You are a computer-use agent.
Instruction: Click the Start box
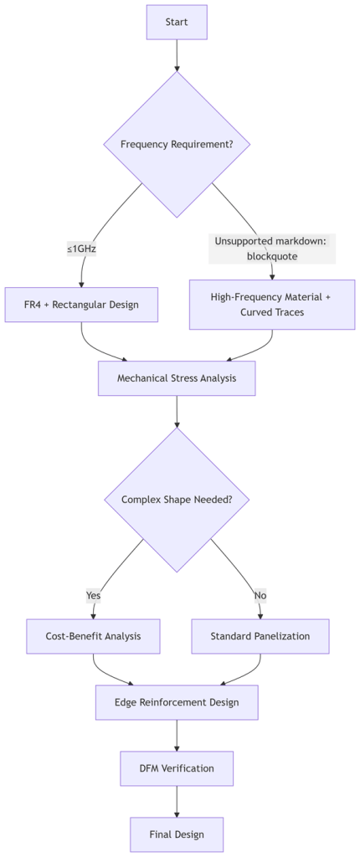[177, 22]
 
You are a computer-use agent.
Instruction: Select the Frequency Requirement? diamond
[177, 145]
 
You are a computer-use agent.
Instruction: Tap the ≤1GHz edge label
[81, 249]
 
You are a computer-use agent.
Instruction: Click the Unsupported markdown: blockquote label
[272, 249]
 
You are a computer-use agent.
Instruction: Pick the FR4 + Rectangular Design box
[81, 305]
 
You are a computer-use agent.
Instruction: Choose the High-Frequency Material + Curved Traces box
[272, 305]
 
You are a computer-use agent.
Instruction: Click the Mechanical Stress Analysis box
[177, 377]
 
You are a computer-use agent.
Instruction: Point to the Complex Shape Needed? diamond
[177, 500]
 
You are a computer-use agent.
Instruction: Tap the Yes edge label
[94, 595]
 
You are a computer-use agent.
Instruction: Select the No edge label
[260, 595]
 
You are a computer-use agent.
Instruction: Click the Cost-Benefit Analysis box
[94, 636]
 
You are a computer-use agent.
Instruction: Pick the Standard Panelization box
[260, 636]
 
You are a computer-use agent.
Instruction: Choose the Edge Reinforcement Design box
[177, 702]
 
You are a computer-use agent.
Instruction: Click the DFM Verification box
[177, 768]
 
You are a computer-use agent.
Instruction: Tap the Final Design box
[177, 834]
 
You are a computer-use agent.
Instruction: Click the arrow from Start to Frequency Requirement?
[177, 55]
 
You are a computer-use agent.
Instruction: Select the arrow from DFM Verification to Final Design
[177, 802]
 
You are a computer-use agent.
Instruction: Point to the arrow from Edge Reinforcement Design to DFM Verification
[177, 736]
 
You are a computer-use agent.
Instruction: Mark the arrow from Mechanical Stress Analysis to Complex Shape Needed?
[177, 411]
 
